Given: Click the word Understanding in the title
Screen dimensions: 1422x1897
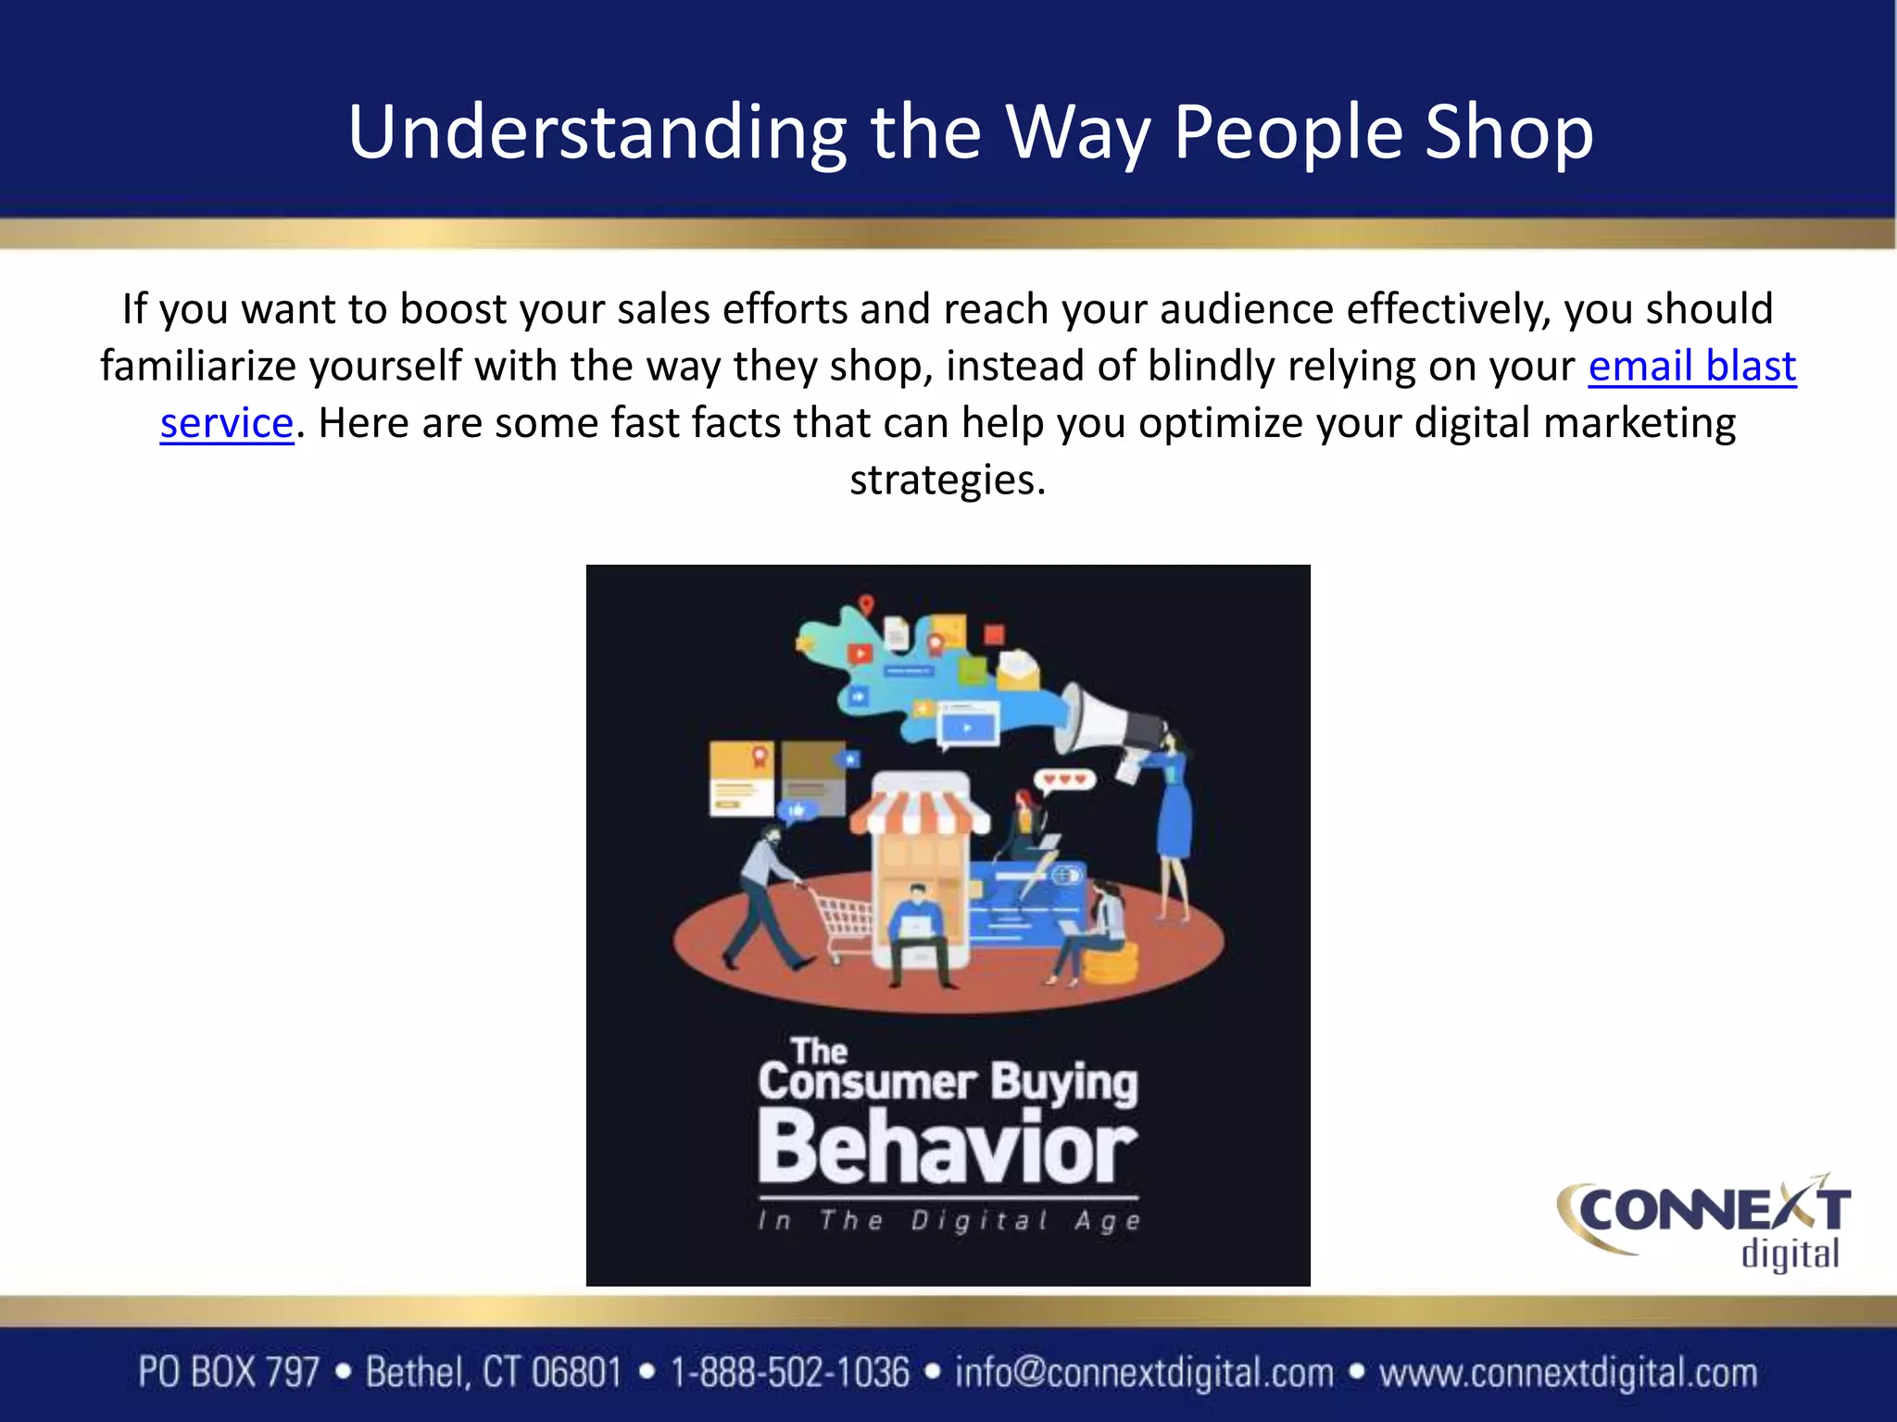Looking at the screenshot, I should (x=597, y=132).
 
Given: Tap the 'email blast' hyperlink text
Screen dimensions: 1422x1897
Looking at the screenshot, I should (x=1691, y=366).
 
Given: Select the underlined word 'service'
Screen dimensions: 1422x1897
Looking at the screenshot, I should (x=226, y=423).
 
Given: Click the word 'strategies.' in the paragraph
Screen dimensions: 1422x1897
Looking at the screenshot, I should (x=948, y=480).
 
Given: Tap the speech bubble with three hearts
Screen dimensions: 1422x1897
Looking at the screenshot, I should (x=1065, y=780).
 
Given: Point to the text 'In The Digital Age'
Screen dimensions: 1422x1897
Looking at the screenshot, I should (x=948, y=1220).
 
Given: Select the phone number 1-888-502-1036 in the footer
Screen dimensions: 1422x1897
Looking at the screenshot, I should (x=790, y=1373).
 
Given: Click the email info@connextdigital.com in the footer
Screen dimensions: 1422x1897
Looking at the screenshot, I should (x=1144, y=1373).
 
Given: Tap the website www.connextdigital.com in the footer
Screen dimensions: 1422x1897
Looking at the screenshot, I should (x=1567, y=1373).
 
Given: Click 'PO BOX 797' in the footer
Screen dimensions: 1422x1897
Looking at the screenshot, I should (x=229, y=1373).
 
